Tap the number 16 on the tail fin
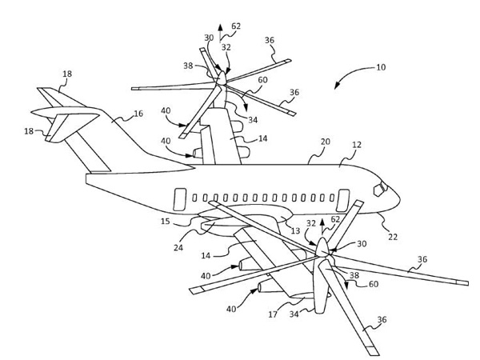[x=138, y=114]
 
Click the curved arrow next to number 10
[x=346, y=80]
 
